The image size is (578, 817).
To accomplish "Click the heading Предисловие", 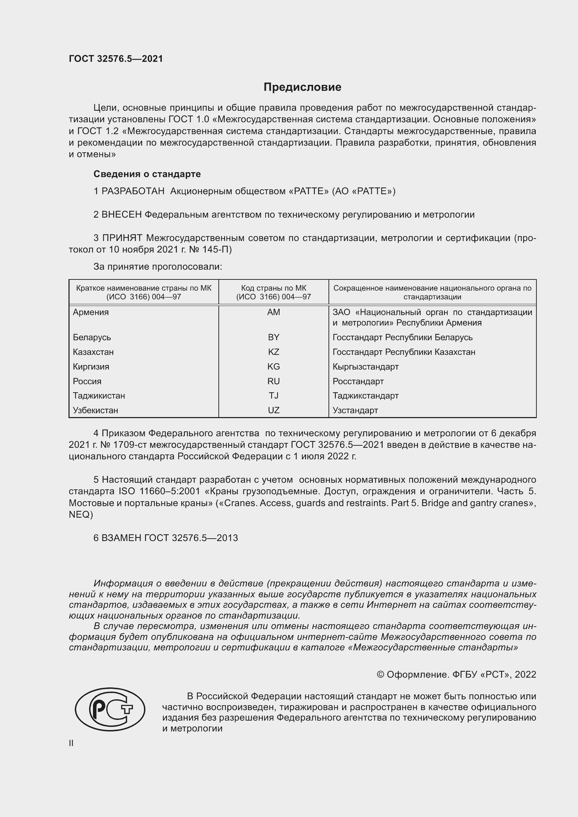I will [302, 87].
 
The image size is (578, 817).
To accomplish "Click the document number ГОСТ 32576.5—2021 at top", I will [116, 59].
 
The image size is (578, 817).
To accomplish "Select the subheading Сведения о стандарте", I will [147, 174].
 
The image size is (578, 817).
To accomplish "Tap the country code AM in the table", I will [273, 312].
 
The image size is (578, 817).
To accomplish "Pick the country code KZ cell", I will [273, 352].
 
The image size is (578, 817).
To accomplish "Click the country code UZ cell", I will [273, 410].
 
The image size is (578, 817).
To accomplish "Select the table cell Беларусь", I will [92, 337].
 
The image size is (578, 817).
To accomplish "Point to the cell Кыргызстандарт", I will [366, 366].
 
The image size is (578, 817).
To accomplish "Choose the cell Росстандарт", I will [358, 381].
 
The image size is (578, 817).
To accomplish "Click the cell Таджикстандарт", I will [366, 396].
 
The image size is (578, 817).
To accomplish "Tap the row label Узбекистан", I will [95, 410].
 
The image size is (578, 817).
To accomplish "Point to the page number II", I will [71, 743].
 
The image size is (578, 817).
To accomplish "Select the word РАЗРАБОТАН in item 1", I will [133, 191].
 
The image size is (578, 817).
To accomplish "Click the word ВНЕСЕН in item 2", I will [122, 214].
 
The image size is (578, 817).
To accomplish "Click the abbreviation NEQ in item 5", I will [80, 515].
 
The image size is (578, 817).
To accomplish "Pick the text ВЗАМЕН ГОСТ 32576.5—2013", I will [166, 538].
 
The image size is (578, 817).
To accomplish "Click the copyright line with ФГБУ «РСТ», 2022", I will [456, 675].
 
